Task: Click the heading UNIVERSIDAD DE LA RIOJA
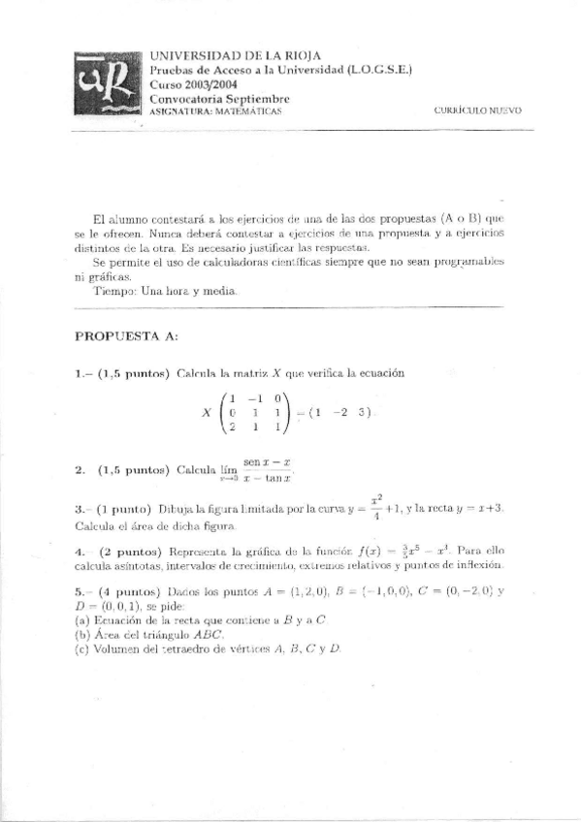237,55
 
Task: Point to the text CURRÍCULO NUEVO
479,112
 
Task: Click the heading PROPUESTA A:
126,335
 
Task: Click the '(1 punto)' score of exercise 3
125,509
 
